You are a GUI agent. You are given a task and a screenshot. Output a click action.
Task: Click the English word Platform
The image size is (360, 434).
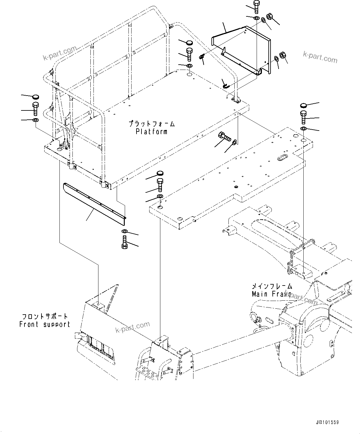point(151,132)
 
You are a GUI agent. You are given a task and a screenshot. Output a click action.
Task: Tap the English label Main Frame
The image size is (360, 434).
point(271,294)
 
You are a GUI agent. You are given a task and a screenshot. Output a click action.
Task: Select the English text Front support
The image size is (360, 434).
point(45,324)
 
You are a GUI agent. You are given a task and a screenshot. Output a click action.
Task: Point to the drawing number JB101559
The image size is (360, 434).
point(327,423)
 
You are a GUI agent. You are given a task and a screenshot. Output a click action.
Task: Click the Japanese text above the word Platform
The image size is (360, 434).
point(152,124)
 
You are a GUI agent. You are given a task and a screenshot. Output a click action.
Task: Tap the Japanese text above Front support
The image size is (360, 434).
point(45,317)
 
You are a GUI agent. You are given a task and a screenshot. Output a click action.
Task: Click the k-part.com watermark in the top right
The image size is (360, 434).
point(320,57)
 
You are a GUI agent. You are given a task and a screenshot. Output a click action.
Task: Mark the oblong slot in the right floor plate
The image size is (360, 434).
point(283,157)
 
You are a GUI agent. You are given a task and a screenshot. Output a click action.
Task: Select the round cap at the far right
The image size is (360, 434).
point(303,105)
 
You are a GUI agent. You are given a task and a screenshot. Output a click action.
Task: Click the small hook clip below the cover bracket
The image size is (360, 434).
point(226,84)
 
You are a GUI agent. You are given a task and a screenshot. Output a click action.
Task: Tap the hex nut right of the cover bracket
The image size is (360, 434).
point(282,55)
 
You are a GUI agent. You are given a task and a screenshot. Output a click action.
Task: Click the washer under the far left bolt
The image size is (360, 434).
point(36,120)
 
